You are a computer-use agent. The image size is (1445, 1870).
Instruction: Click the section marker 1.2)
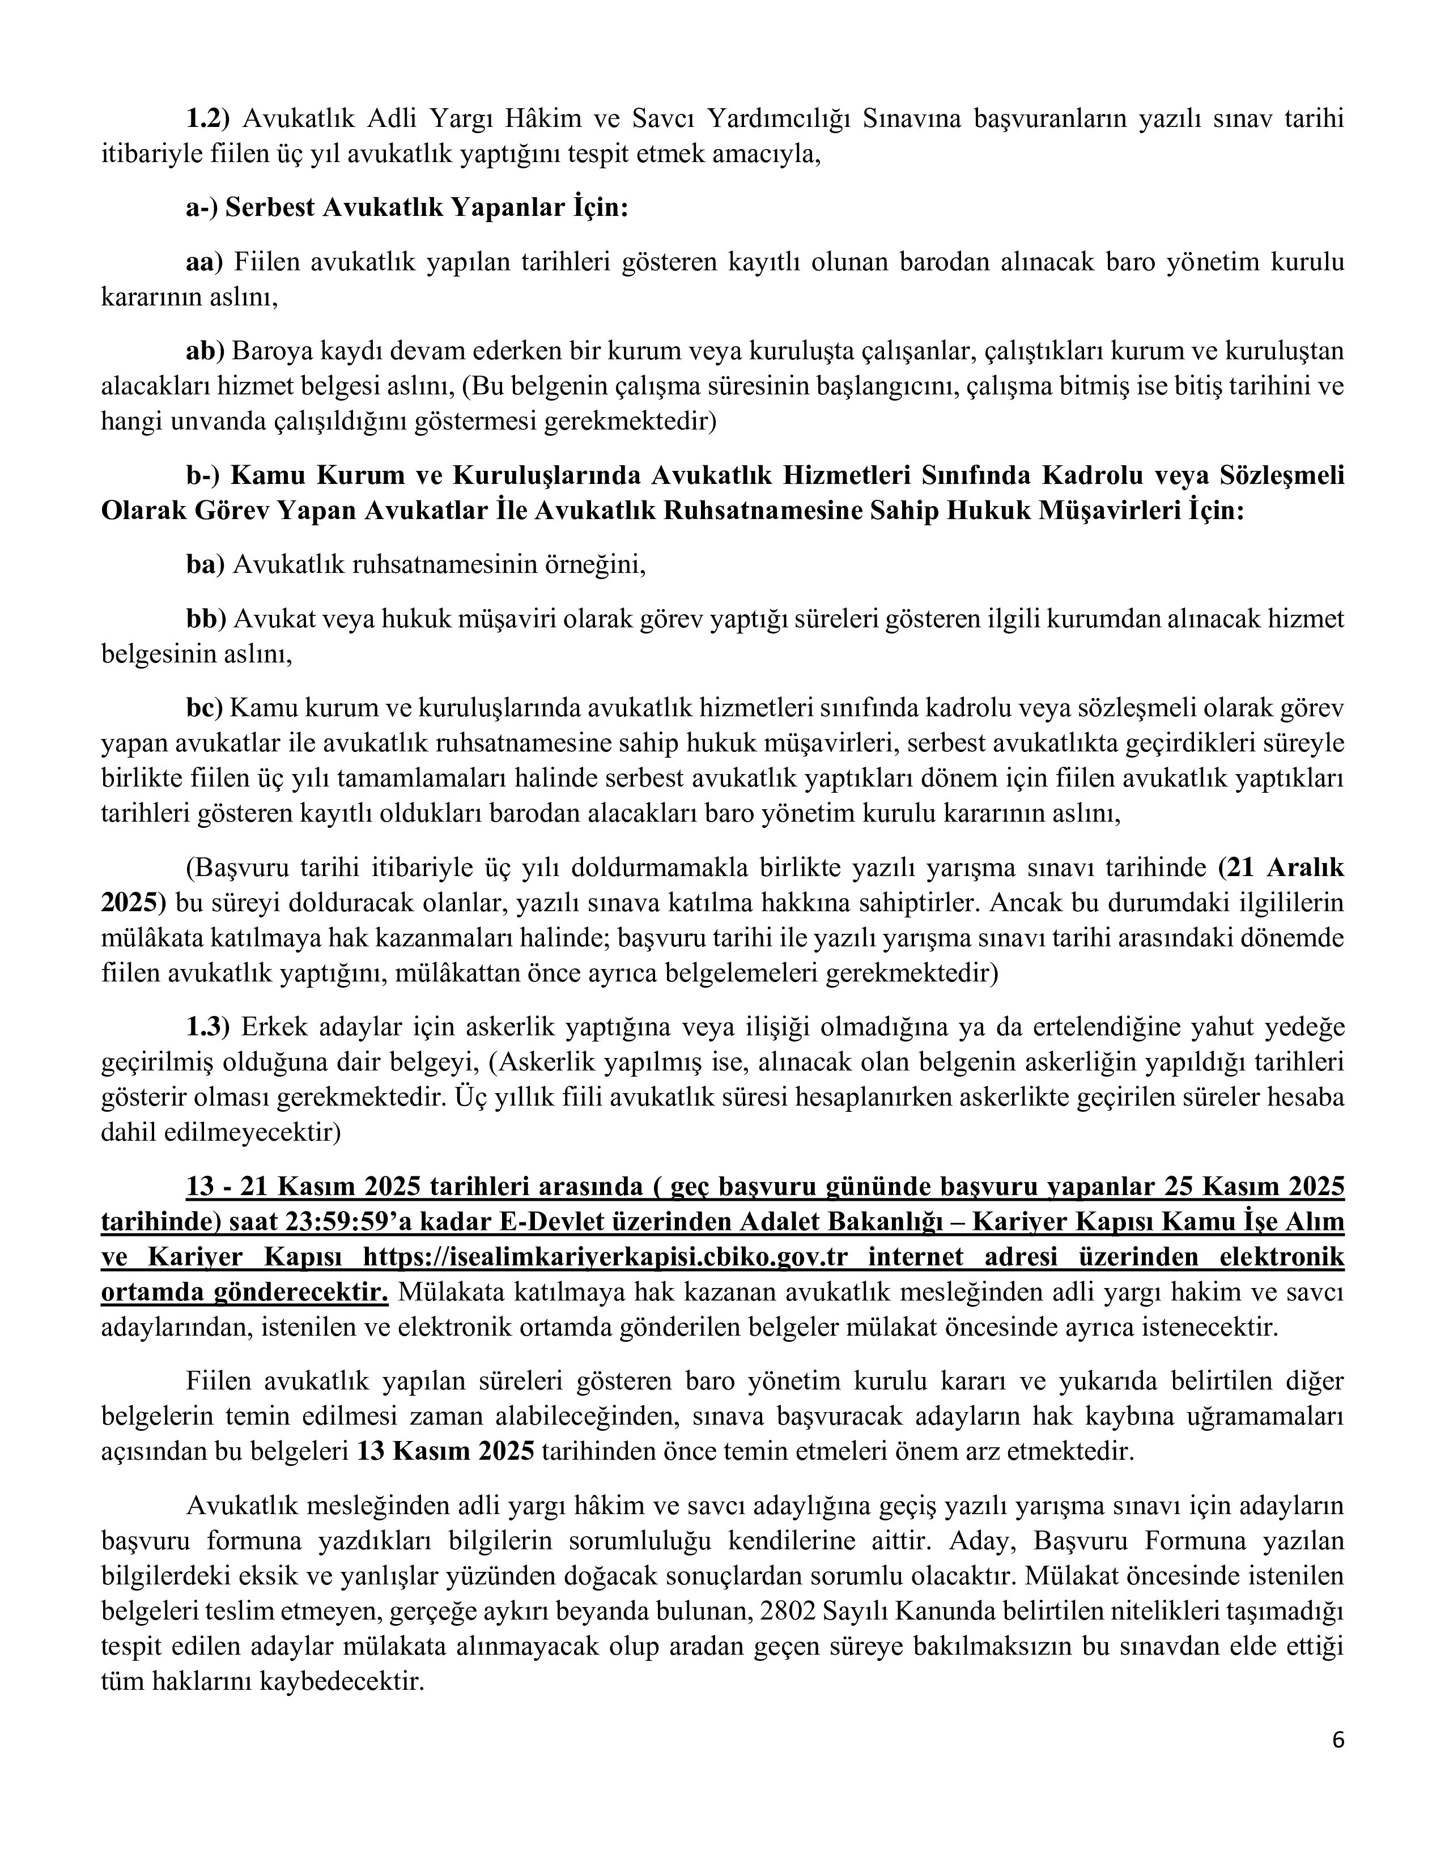pyautogui.click(x=209, y=119)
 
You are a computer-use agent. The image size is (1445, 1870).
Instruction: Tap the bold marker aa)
pyautogui.click(x=205, y=261)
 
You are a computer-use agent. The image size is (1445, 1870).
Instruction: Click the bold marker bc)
pyautogui.click(x=205, y=708)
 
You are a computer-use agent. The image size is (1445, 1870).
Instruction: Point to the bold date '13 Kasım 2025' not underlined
pyautogui.click(x=445, y=1451)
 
